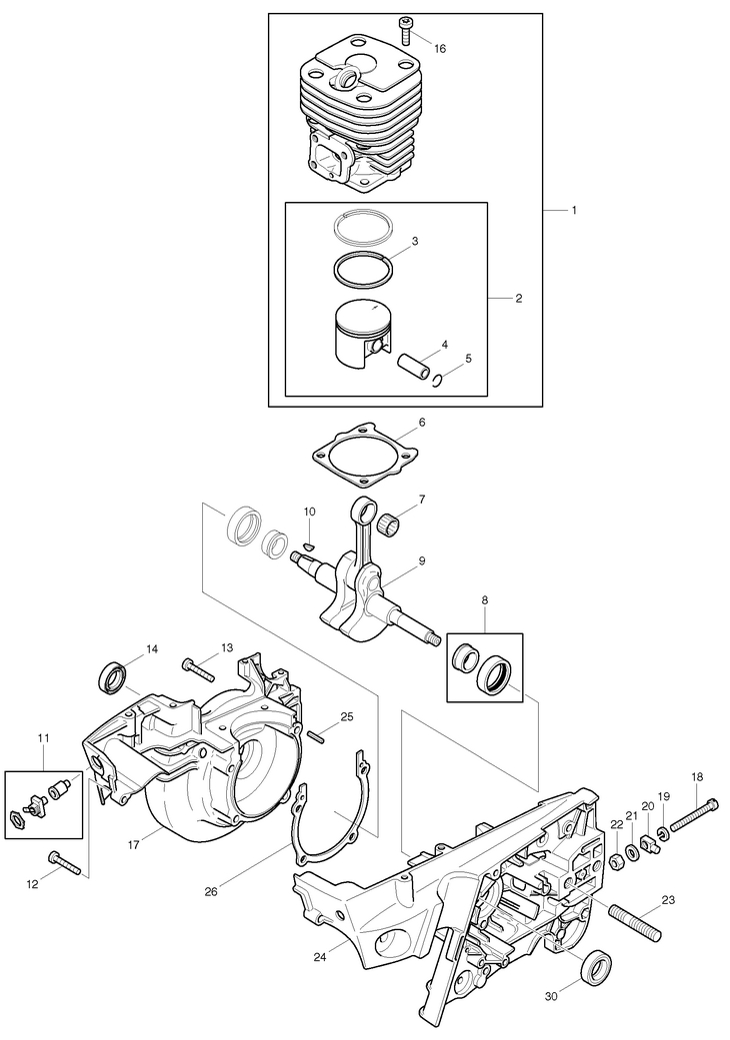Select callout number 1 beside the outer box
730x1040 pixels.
point(573,210)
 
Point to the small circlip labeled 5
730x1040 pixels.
point(437,379)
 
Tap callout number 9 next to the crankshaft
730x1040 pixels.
point(421,561)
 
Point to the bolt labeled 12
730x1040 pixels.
point(64,863)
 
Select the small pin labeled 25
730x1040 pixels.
point(318,736)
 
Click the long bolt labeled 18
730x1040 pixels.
point(694,814)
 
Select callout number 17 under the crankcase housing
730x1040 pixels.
point(135,845)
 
